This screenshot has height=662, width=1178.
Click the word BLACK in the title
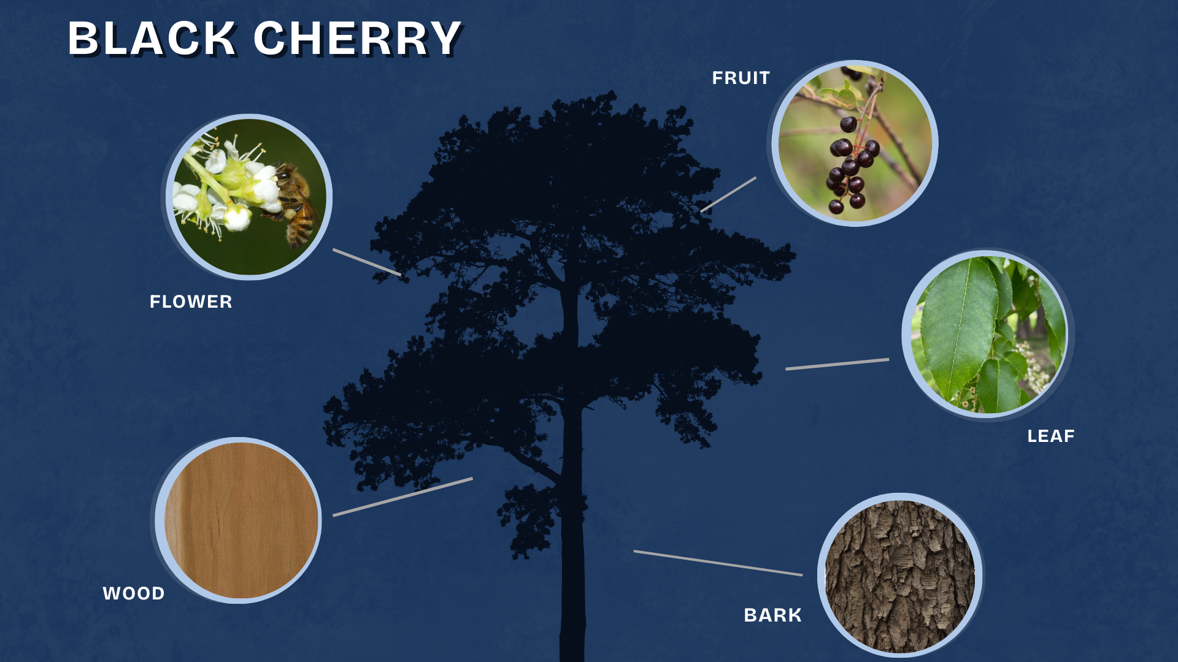[152, 39]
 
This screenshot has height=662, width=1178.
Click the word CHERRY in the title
[358, 39]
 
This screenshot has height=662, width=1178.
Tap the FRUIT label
[741, 78]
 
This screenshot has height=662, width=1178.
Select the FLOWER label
[191, 302]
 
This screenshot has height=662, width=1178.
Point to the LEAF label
[1051, 436]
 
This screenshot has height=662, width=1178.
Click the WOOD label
[134, 593]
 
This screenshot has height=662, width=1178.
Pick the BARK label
[772, 615]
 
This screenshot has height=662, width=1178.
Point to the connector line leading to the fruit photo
[728, 194]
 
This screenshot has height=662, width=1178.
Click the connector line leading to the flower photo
[367, 262]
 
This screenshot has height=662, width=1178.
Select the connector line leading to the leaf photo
[837, 364]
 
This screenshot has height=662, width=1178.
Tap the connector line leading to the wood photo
[402, 497]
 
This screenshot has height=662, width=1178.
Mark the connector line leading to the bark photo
[718, 563]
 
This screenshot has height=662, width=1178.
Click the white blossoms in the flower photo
[227, 184]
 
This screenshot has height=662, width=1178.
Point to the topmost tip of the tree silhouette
[611, 92]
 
